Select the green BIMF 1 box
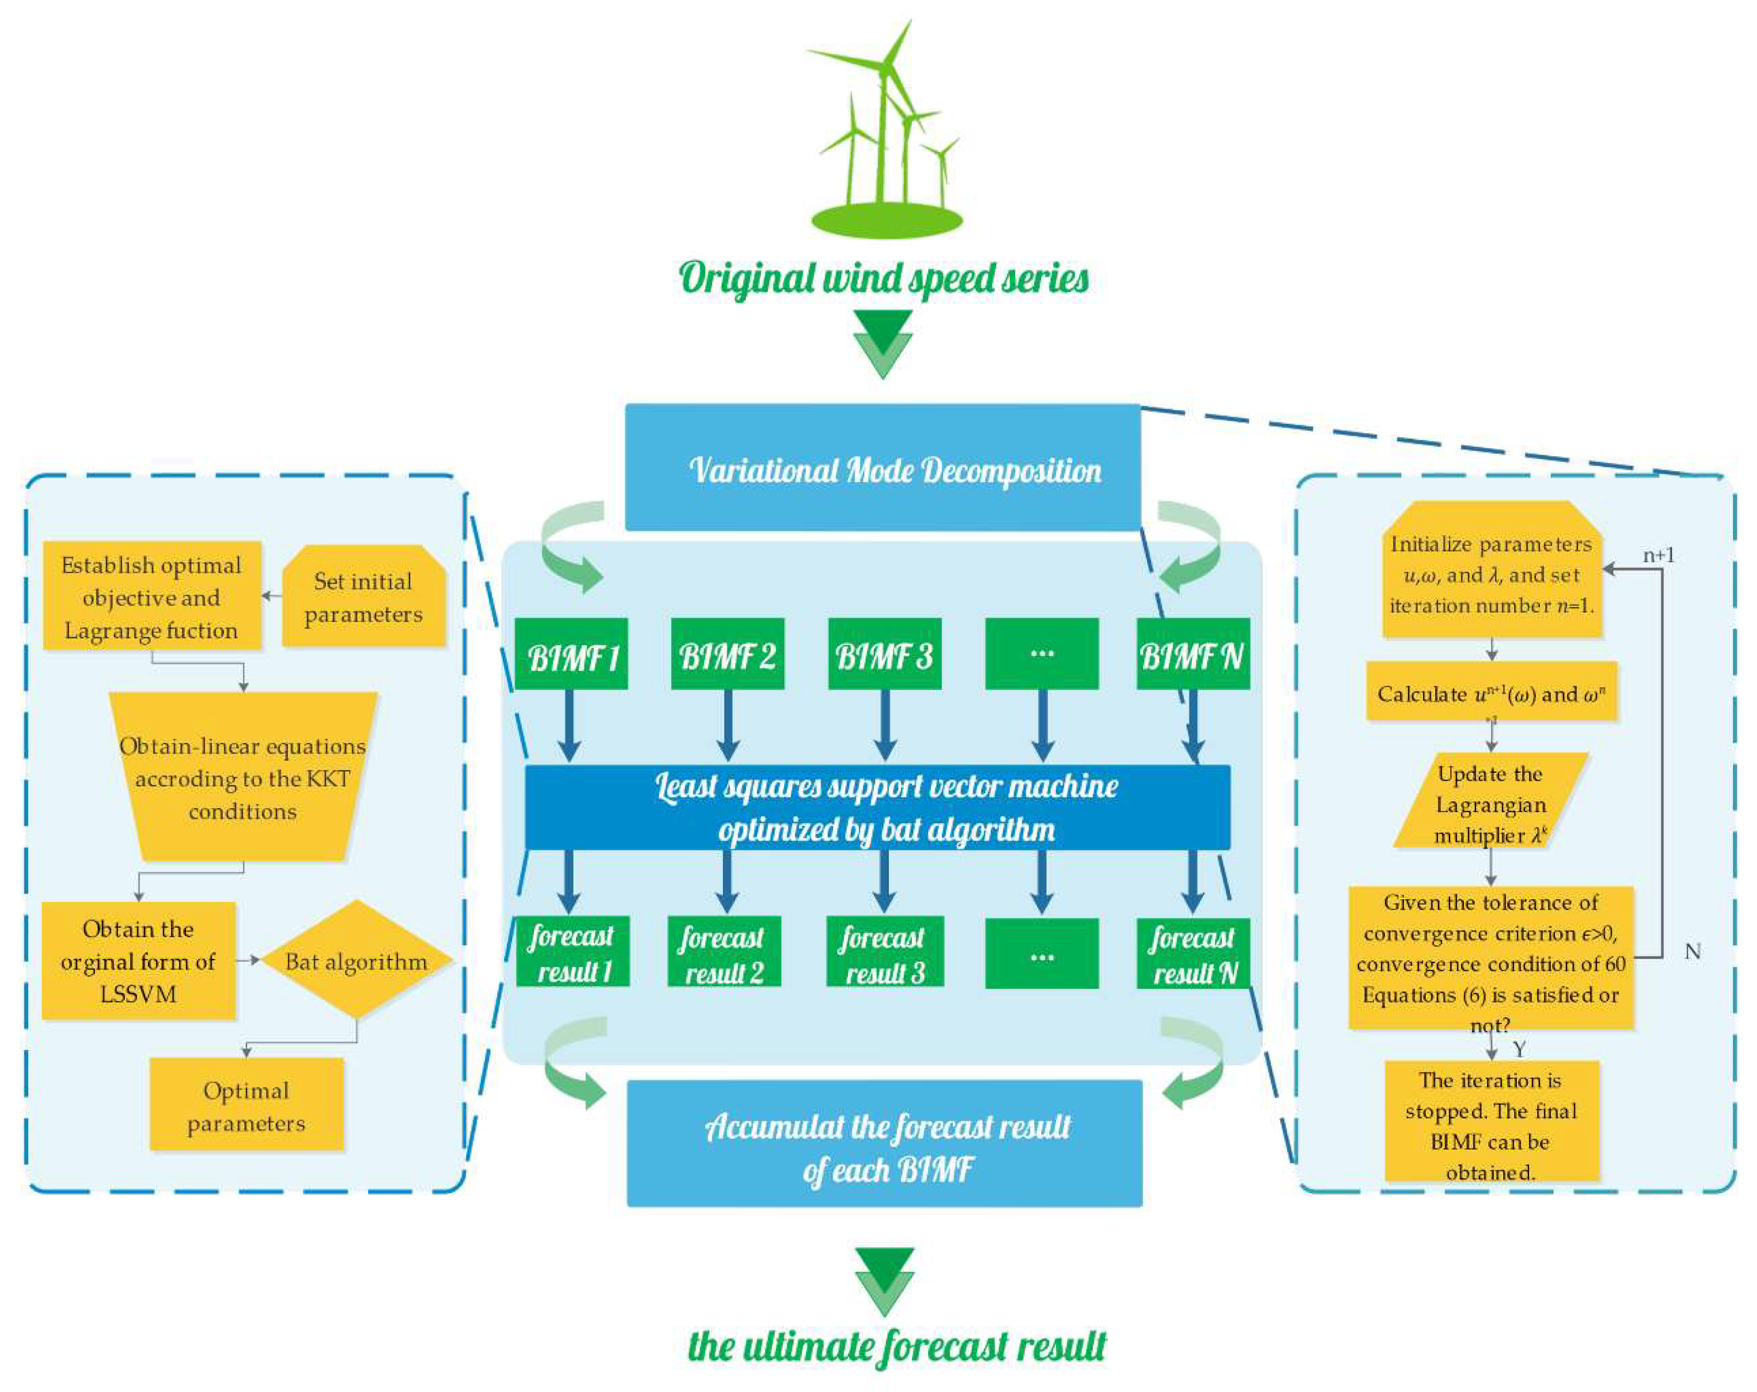[x=571, y=654]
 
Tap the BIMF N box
[x=1192, y=654]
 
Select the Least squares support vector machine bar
[x=877, y=807]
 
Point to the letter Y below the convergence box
[x=1519, y=1049]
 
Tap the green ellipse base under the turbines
[x=886, y=220]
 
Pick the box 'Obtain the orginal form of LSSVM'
[x=139, y=960]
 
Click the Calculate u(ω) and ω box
[x=1491, y=693]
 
